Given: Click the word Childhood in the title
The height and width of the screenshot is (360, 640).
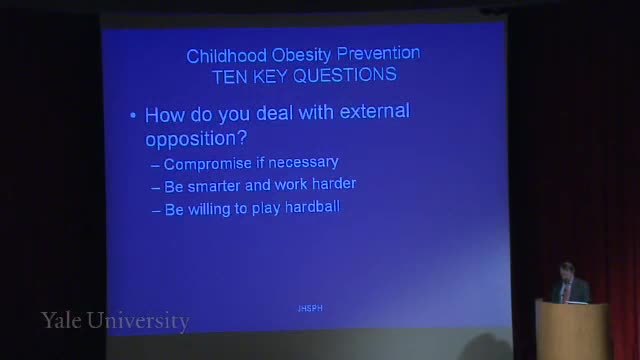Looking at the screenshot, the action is tap(227, 56).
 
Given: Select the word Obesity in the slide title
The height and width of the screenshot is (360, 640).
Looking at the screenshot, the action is tap(302, 56).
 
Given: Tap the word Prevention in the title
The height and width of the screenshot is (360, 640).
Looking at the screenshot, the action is tap(378, 53).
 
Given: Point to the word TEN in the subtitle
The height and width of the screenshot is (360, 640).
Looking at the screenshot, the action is tap(230, 77).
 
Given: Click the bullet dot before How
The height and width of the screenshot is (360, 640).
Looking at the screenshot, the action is tap(133, 116).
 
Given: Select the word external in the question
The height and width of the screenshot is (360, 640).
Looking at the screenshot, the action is tap(374, 111).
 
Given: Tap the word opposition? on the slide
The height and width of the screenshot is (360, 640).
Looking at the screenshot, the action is tap(196, 139).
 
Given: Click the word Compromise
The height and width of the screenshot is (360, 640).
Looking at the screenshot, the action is tap(207, 164).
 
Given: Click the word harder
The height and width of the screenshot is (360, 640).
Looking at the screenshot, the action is tap(334, 184).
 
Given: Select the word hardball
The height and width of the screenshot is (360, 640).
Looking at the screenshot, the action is tap(312, 207).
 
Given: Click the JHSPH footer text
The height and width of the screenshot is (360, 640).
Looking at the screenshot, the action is tap(310, 309).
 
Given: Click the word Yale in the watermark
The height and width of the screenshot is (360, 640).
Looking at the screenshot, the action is tap(61, 320).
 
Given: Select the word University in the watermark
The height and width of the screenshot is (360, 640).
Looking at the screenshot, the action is tap(138, 321).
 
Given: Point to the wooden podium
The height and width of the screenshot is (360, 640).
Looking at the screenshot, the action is tap(571, 331).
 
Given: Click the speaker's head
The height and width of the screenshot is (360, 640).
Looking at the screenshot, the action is tap(567, 272).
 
